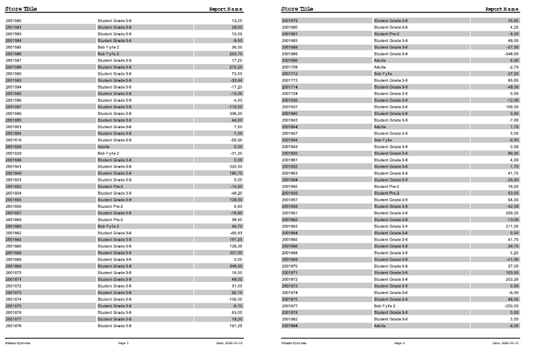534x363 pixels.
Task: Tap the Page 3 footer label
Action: pyautogui.click(x=123, y=344)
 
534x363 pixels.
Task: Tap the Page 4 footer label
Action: pyautogui.click(x=400, y=344)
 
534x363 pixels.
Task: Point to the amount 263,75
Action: pyautogui.click(x=236, y=54)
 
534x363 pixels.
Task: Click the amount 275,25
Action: pyautogui.click(x=236, y=67)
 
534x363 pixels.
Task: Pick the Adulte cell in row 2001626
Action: pyautogui.click(x=104, y=146)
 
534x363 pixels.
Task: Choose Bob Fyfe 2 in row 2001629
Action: pyautogui.click(x=108, y=153)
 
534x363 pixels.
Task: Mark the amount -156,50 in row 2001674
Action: pyautogui.click(x=235, y=299)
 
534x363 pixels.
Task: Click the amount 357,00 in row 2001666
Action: pyautogui.click(x=236, y=252)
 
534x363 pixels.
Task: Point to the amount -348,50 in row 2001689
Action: pyautogui.click(x=511, y=54)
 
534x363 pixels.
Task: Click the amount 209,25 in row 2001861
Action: pyautogui.click(x=513, y=213)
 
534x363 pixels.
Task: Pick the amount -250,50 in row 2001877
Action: pyautogui.click(x=511, y=306)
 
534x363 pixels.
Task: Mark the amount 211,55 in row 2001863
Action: pyautogui.click(x=513, y=226)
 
